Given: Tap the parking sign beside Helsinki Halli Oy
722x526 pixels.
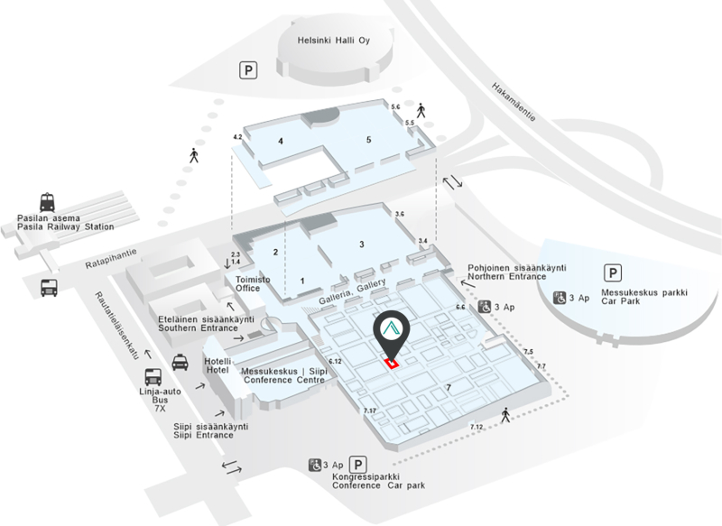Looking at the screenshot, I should click(x=246, y=69).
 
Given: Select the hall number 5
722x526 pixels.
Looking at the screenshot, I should click(x=368, y=140).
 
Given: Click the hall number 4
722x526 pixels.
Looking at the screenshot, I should click(x=281, y=142).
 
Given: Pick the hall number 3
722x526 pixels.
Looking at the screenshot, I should click(x=360, y=245).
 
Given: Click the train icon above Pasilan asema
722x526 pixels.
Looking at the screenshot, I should click(x=47, y=203).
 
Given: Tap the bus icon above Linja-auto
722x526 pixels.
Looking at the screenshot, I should click(x=154, y=377).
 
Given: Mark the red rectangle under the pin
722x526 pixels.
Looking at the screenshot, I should click(x=392, y=363).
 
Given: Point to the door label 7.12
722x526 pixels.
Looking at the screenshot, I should click(x=477, y=426).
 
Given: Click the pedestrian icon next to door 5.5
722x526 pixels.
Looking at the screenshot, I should click(x=421, y=111).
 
